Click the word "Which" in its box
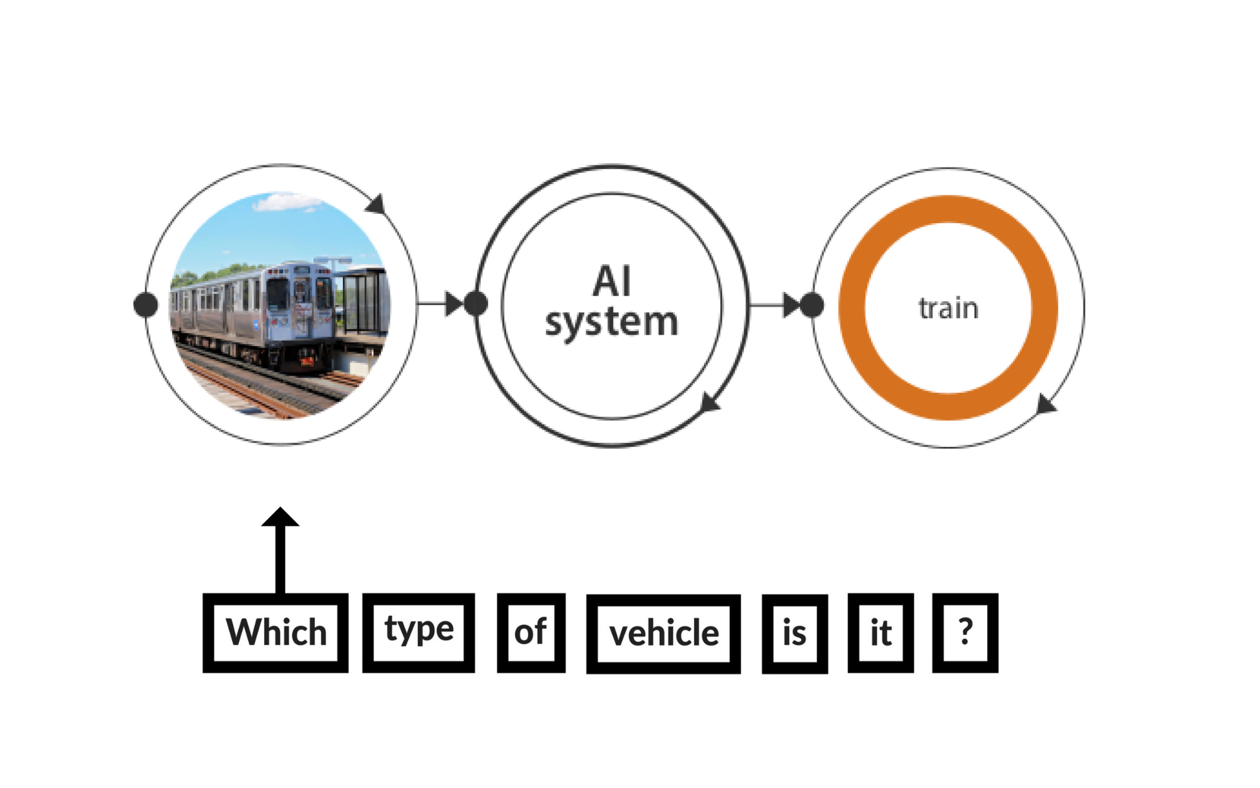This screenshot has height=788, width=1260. click(x=275, y=632)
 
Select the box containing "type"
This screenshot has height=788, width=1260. click(x=419, y=632)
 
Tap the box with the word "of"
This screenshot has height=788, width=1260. click(x=531, y=632)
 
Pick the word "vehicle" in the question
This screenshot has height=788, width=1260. click(x=663, y=633)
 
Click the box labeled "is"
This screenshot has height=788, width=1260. click(x=794, y=633)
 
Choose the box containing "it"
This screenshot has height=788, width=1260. click(x=881, y=633)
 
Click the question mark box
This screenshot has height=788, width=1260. click(x=965, y=632)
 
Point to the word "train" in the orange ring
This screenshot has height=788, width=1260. click(x=948, y=308)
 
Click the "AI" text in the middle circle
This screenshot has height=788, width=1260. click(x=611, y=281)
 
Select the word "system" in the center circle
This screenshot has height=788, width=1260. click(x=611, y=323)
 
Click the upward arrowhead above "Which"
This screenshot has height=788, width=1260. click(x=280, y=517)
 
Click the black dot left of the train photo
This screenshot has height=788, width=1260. click(x=146, y=304)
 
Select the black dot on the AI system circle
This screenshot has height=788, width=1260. click(x=476, y=304)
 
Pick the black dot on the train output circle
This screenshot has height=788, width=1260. click(x=812, y=305)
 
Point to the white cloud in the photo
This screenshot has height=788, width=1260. click(x=287, y=202)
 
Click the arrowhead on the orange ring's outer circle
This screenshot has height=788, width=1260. click(x=1046, y=404)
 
